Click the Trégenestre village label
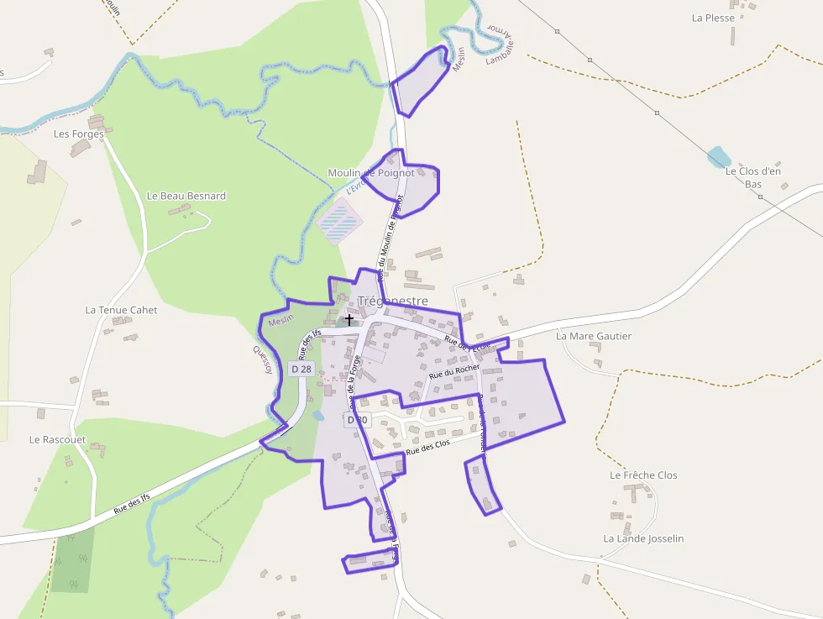(x=392, y=301)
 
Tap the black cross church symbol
(x=349, y=320)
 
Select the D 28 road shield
(x=301, y=369)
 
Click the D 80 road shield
(x=356, y=419)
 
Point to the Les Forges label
(x=78, y=134)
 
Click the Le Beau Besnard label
(x=186, y=196)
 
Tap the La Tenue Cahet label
(x=121, y=310)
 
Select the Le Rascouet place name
(x=58, y=439)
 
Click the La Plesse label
(x=713, y=18)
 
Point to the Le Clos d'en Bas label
(x=753, y=177)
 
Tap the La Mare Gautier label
(x=594, y=336)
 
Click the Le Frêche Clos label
(x=643, y=475)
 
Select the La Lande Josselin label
(x=643, y=538)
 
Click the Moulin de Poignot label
(x=370, y=173)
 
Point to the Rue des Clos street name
(x=427, y=446)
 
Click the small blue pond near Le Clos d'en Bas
(x=718, y=156)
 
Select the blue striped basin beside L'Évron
(x=341, y=221)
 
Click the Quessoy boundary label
(x=264, y=361)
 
